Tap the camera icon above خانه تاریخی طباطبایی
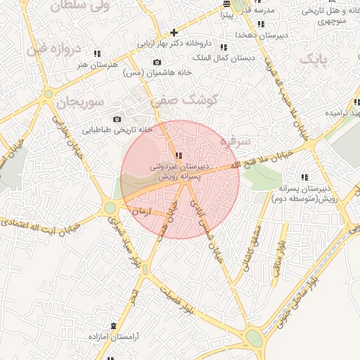pyautogui.click(x=117, y=119)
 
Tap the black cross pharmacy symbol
pyautogui.click(x=174, y=32)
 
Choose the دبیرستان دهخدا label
pyautogui.click(x=240, y=34)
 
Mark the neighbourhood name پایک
pyautogui.click(x=314, y=59)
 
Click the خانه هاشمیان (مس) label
pyautogui.click(x=152, y=72)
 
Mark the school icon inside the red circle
pyautogui.click(x=179, y=155)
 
